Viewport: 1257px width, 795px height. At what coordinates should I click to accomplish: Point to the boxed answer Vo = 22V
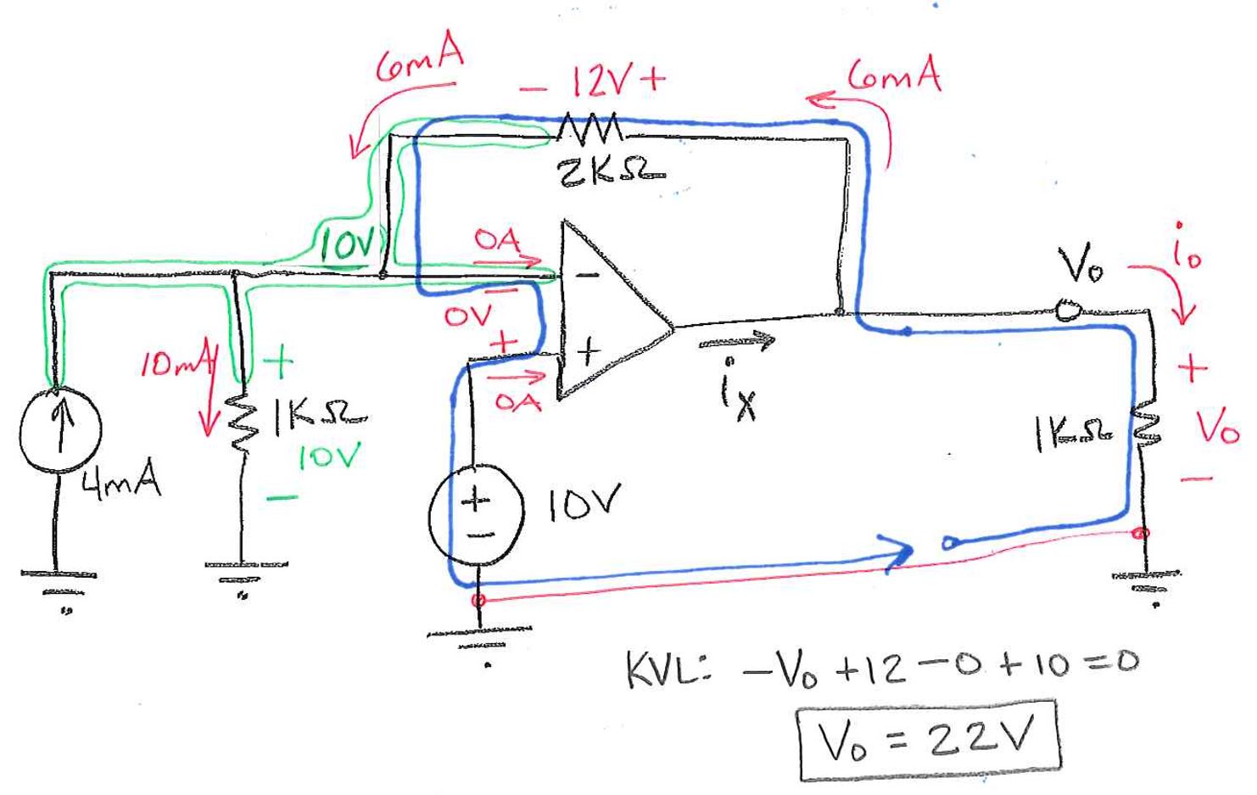click(930, 741)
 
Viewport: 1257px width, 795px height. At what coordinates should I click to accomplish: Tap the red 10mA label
click(174, 367)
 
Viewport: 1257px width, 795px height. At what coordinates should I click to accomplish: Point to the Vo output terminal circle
click(1067, 310)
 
